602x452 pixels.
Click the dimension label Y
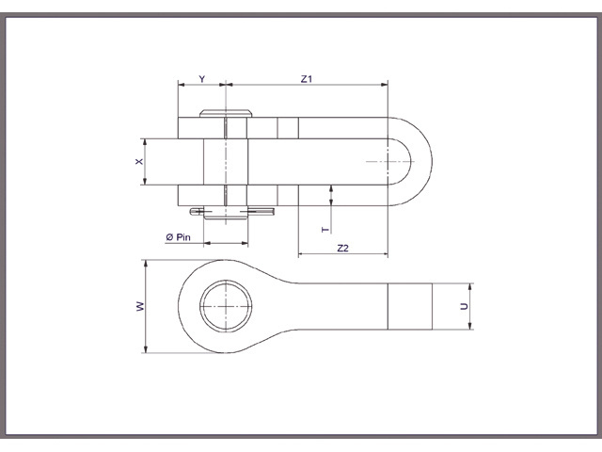click(x=201, y=79)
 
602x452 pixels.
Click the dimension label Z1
click(x=306, y=79)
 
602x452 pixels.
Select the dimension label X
click(x=139, y=162)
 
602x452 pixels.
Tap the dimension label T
click(x=325, y=229)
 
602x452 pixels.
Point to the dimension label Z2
click(x=342, y=248)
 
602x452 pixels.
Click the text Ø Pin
click(x=179, y=237)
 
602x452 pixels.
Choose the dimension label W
click(x=138, y=307)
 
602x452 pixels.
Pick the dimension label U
click(x=463, y=308)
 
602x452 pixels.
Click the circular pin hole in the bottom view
click(x=227, y=306)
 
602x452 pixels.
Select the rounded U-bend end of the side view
click(x=419, y=162)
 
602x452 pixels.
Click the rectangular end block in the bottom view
click(x=410, y=307)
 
